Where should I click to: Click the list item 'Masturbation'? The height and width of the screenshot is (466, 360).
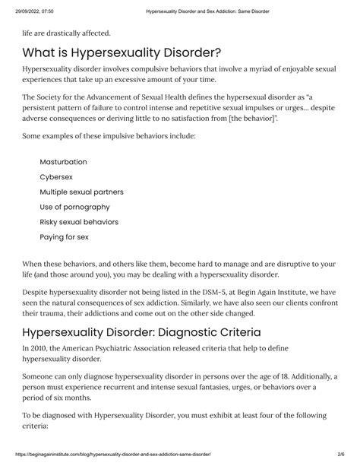[x=63, y=162]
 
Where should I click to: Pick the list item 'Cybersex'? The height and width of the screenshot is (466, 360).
[x=56, y=177]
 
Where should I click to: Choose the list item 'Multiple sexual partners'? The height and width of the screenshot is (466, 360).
[x=81, y=192]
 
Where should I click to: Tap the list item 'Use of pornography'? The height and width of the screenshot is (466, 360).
[x=74, y=207]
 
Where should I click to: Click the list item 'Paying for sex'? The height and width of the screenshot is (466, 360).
[x=65, y=236]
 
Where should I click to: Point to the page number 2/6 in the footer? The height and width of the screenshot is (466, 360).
[x=343, y=456]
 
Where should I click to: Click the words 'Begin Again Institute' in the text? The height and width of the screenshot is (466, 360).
[x=268, y=291]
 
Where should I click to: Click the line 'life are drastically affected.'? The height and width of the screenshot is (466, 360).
[x=66, y=33]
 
